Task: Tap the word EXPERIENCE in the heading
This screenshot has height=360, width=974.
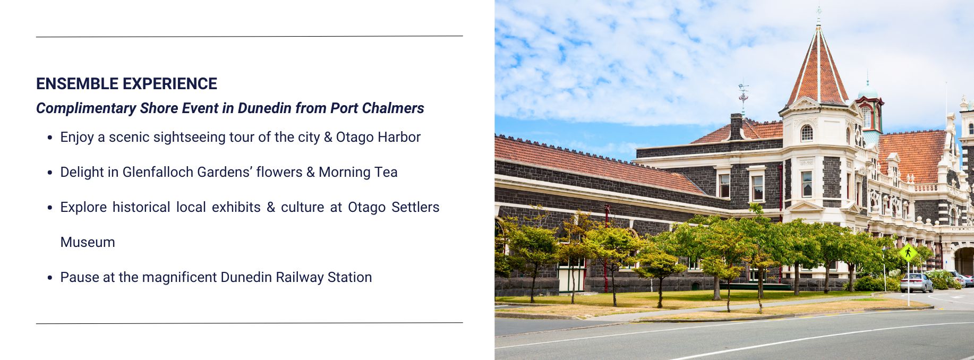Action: pyautogui.click(x=170, y=84)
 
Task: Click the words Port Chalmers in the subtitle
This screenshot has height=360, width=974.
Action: pyautogui.click(x=377, y=108)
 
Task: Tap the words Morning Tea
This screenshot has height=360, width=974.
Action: pyautogui.click(x=358, y=172)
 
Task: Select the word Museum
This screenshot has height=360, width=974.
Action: pyautogui.click(x=88, y=242)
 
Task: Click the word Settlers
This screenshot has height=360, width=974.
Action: pyautogui.click(x=415, y=207)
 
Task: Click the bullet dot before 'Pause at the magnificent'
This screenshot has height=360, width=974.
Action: pyautogui.click(x=50, y=278)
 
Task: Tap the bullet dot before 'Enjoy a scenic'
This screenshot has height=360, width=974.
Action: pyautogui.click(x=50, y=138)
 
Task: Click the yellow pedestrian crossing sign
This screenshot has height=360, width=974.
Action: pyautogui.click(x=908, y=253)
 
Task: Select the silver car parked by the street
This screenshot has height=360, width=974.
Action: pyautogui.click(x=917, y=283)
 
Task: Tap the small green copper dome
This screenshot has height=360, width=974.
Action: pyautogui.click(x=868, y=93)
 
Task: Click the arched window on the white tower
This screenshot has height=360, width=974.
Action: pyautogui.click(x=806, y=133)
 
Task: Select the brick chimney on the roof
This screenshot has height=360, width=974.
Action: pyautogui.click(x=736, y=127)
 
